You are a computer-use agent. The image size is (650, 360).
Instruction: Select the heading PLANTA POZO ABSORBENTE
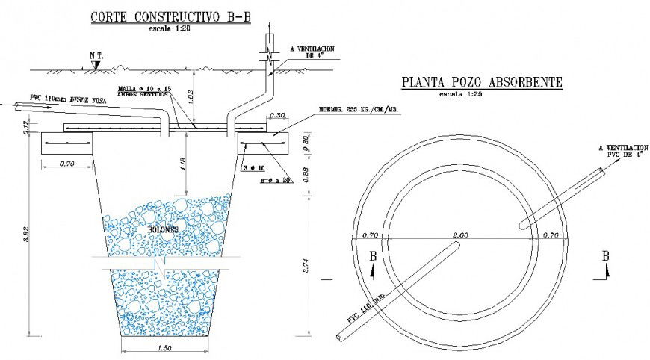click(x=482, y=83)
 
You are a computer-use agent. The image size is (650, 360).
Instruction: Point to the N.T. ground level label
click(x=96, y=55)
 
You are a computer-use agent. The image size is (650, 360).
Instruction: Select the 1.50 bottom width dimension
click(x=166, y=348)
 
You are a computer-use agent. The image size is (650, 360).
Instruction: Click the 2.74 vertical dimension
click(x=307, y=266)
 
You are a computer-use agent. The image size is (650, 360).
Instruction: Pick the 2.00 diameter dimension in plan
click(x=461, y=235)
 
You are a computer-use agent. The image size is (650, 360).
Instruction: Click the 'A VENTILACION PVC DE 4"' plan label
click(x=623, y=152)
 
